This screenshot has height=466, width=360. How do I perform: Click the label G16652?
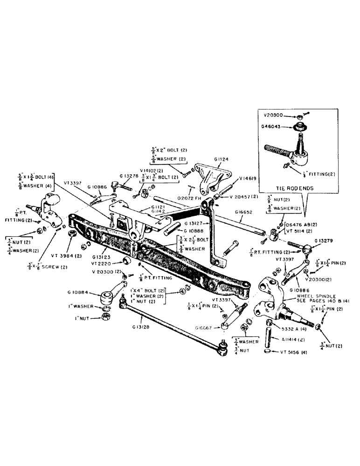tap(244, 212)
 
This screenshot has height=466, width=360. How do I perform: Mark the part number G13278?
tap(128, 176)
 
